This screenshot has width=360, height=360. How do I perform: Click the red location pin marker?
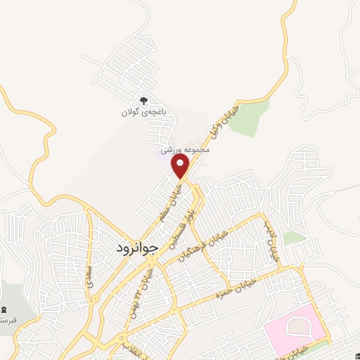[181, 167]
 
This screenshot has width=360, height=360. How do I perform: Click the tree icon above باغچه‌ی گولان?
[144, 101]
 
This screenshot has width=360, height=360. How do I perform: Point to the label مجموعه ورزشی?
[181, 150]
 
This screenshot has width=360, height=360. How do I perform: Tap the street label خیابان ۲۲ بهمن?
[138, 294]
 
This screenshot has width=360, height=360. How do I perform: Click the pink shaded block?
[295, 330]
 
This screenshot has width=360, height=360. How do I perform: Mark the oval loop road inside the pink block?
[299, 327]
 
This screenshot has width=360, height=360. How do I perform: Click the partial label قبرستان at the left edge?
[7, 321]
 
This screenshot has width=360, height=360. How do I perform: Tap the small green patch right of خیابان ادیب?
[295, 238]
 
